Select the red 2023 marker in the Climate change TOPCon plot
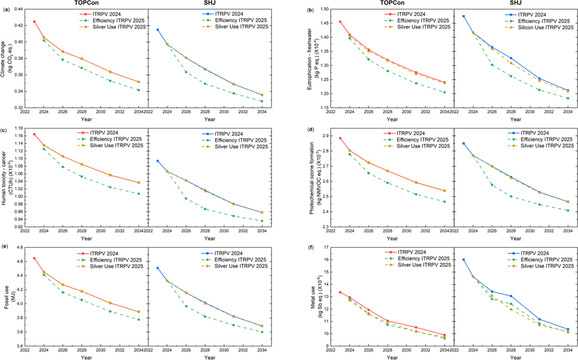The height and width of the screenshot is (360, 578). (34, 22)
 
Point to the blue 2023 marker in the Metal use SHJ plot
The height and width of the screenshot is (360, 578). (464, 260)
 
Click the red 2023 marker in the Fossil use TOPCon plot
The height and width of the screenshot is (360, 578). (34, 258)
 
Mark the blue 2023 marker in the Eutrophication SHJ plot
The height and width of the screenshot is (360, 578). (464, 16)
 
